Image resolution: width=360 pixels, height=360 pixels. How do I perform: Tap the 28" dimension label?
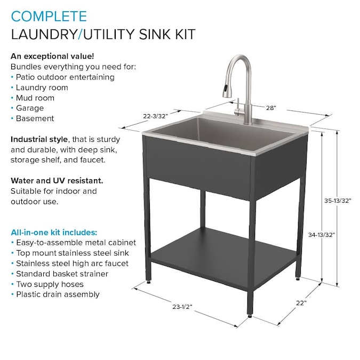click(271, 108)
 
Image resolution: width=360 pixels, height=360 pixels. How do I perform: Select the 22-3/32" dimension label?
click(156, 115)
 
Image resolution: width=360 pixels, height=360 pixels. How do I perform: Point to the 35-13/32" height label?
click(337, 201)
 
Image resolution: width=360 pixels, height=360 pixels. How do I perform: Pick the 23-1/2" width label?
click(182, 307)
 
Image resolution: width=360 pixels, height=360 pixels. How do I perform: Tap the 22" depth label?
click(301, 302)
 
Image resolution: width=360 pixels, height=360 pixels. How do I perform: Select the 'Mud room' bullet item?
click(35, 98)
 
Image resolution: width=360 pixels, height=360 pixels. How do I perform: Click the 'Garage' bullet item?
click(30, 108)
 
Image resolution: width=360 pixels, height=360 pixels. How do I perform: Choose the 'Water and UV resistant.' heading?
click(53, 180)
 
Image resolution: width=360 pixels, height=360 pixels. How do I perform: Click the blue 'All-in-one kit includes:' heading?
click(54, 232)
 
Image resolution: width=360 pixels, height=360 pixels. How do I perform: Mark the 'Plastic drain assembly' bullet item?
click(58, 294)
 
